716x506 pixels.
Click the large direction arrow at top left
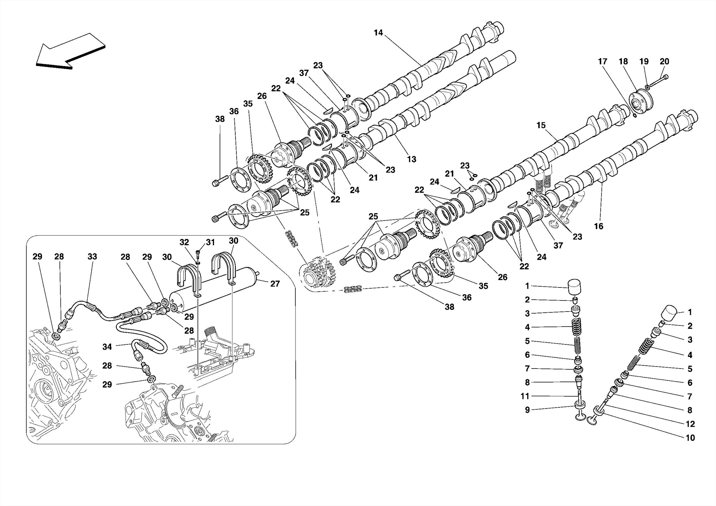click(70, 51)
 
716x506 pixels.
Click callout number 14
click(378, 33)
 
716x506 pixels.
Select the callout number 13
click(411, 159)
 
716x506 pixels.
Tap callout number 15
click(541, 125)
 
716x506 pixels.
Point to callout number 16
click(599, 226)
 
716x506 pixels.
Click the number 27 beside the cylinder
click(275, 284)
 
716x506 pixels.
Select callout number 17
click(602, 62)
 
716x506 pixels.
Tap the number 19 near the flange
click(644, 62)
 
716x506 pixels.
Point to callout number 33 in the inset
click(92, 257)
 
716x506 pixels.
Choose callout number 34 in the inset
click(107, 347)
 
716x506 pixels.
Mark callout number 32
click(184, 242)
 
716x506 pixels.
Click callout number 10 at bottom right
click(690, 438)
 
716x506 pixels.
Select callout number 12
click(690, 424)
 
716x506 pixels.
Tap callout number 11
click(525, 396)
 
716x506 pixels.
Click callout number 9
click(527, 410)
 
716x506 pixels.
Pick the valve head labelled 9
click(581, 416)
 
